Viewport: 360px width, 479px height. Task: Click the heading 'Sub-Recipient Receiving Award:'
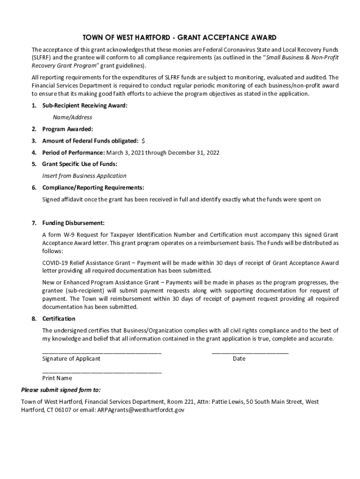85,106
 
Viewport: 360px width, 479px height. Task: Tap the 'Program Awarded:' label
67,129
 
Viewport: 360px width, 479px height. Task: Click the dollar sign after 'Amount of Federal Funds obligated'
143,141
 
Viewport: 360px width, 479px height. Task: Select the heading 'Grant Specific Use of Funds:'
79,164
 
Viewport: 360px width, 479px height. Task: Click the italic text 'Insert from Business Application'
84,176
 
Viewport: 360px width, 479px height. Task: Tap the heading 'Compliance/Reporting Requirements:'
93,188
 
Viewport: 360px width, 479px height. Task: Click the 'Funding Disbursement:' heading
73,223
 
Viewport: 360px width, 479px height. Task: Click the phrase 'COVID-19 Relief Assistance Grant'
86,263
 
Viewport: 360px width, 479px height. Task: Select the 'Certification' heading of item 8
58,319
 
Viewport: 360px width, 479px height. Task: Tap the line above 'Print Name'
101,372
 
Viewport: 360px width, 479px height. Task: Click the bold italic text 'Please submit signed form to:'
61,390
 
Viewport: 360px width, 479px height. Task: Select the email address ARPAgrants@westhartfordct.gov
140,410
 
